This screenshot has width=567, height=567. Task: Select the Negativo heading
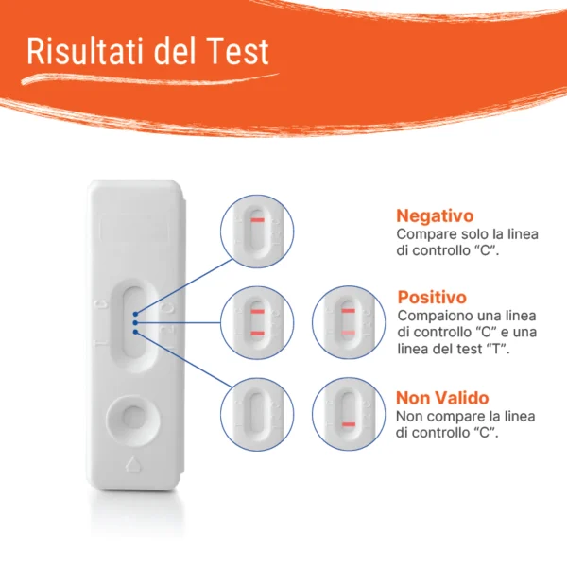tap(435, 215)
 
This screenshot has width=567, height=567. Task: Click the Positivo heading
tap(432, 298)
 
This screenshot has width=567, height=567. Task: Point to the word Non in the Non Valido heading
tap(413, 398)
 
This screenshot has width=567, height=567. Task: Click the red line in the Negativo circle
tap(257, 220)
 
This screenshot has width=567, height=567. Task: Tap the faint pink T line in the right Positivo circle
tap(348, 333)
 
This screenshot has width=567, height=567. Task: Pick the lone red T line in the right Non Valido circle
tap(349, 424)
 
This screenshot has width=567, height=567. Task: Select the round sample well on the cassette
tap(133, 420)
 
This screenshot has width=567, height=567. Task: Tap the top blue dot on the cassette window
tap(135, 314)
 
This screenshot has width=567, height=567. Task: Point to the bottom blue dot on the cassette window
tap(135, 332)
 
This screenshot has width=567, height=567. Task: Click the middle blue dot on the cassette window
tap(135, 322)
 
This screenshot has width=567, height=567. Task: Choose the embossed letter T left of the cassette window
tap(100, 342)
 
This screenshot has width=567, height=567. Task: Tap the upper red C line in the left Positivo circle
tap(257, 311)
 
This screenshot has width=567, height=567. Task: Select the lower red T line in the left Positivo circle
tap(257, 333)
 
